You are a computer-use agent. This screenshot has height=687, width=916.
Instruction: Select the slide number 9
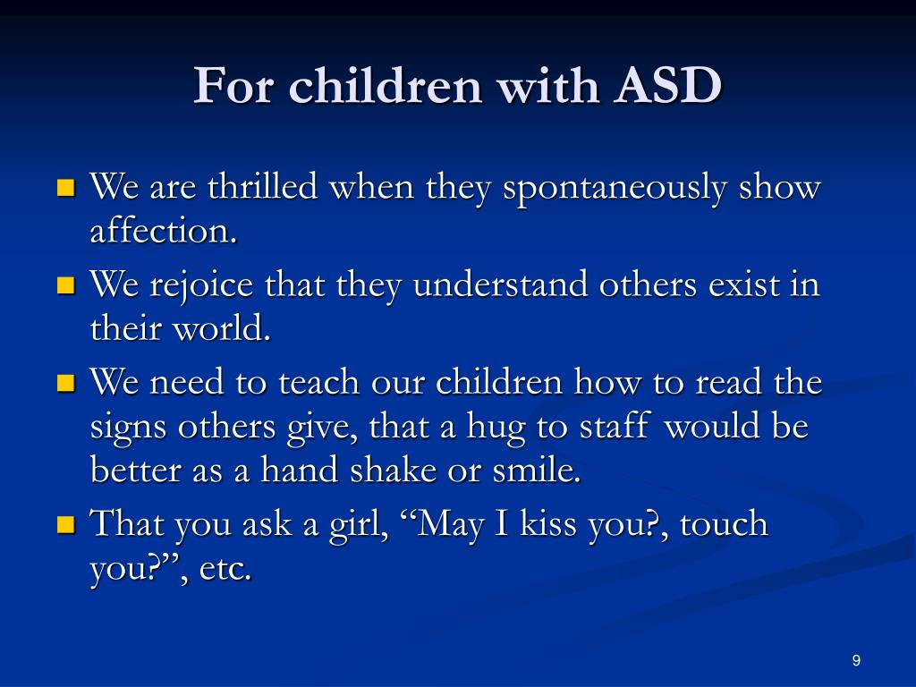click(x=856, y=661)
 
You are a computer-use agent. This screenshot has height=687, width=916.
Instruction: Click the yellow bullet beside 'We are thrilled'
click(x=66, y=188)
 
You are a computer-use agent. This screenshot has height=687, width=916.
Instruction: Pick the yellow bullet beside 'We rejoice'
click(x=66, y=285)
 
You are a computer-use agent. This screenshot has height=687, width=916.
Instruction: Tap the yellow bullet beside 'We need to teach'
click(x=66, y=383)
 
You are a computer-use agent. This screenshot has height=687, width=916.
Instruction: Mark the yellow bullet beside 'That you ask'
click(x=66, y=524)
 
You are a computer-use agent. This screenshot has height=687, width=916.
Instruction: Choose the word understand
click(x=500, y=284)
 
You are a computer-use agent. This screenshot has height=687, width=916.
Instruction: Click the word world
click(x=222, y=327)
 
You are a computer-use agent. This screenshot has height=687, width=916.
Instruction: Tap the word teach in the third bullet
click(x=318, y=383)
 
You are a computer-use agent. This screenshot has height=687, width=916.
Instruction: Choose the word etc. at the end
click(x=225, y=568)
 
